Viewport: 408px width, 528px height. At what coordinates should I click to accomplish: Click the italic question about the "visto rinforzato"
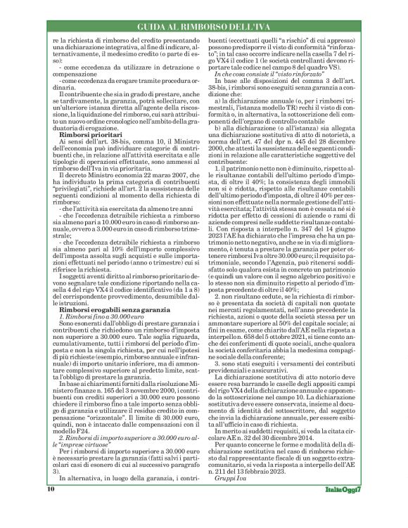(x=258, y=74)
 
